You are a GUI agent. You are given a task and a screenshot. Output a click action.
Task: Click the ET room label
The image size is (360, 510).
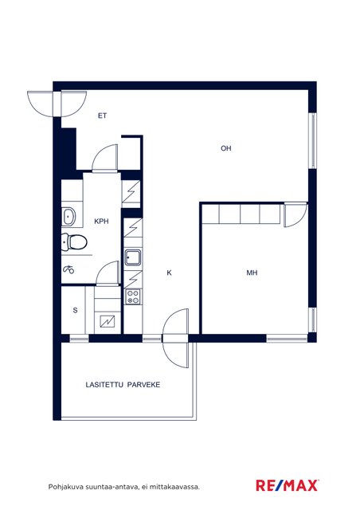(x=103, y=116)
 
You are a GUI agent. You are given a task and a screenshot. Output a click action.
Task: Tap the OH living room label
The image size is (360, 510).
(x=226, y=148)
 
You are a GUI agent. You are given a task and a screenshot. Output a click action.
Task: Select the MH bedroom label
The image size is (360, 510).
(x=252, y=273)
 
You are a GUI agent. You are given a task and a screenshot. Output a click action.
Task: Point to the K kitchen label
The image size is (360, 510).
(x=169, y=273)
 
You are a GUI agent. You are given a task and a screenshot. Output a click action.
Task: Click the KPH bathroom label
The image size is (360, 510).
(x=101, y=222)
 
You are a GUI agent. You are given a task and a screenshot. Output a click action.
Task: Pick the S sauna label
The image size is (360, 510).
(x=75, y=310)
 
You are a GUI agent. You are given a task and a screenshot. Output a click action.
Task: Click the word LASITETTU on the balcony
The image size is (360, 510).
(x=104, y=385)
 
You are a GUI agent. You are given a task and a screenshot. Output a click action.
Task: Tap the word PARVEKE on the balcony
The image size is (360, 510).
(x=143, y=385)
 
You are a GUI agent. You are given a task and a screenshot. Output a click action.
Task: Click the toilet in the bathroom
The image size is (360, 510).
(x=74, y=242)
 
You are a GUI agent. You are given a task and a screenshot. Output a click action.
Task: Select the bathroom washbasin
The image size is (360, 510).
(x=68, y=217)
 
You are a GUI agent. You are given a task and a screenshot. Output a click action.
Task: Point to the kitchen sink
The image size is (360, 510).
(x=133, y=257)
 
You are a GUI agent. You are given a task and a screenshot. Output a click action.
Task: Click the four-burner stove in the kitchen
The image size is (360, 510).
(x=133, y=296)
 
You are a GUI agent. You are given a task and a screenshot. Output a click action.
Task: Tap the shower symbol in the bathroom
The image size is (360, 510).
(x=68, y=269)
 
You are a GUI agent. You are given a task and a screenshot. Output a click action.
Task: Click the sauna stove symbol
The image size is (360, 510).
(x=108, y=322)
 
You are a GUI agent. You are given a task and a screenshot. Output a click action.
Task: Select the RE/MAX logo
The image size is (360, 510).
(x=287, y=486)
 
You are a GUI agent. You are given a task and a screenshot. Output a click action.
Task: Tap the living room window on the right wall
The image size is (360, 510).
(x=312, y=140)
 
